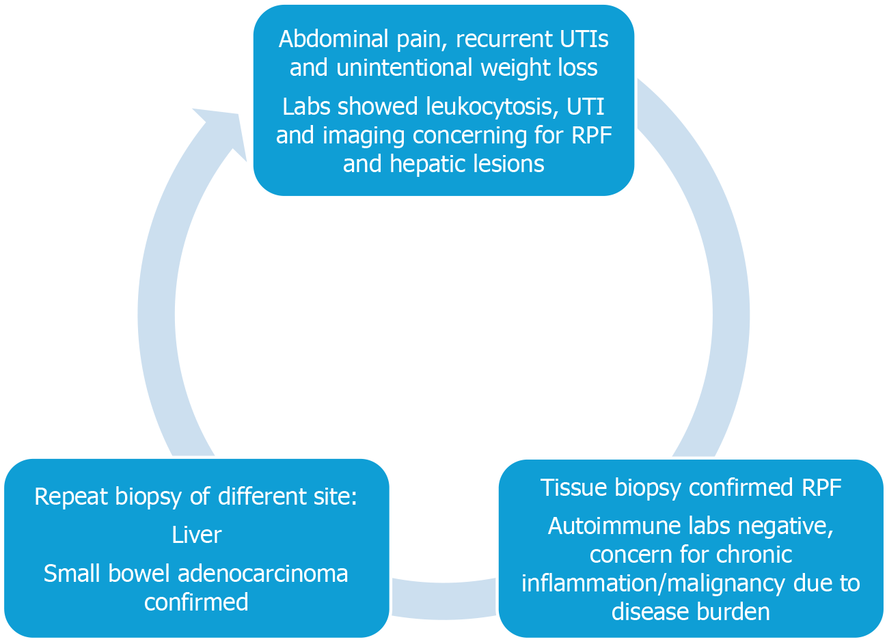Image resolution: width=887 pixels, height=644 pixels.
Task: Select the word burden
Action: [735, 611]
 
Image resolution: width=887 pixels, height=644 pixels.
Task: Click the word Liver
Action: [197, 535]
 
